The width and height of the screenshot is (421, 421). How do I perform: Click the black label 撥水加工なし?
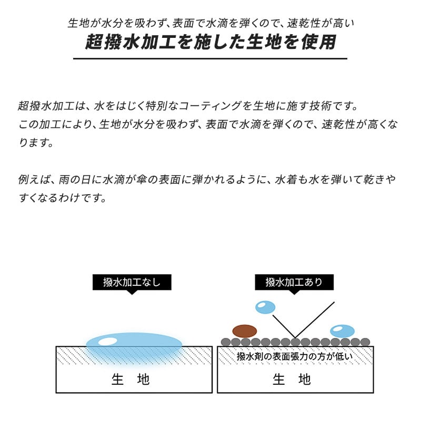132,282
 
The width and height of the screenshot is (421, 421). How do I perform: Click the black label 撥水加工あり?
294,282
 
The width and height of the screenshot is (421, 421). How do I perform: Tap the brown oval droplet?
245,331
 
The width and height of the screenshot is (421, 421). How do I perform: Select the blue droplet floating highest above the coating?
265,307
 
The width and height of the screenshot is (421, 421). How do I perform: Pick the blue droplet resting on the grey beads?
343,331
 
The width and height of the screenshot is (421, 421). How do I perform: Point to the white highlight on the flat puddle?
108,342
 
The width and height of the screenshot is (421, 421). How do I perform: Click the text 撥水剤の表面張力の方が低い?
295,356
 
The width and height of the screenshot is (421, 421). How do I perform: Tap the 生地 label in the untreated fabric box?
131,379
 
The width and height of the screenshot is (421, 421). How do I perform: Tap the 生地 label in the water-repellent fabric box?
292,379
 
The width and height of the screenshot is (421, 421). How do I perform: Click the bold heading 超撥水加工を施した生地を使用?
210,42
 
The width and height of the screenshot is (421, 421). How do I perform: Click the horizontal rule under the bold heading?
210,58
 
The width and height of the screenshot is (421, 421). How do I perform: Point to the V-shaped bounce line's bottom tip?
295,338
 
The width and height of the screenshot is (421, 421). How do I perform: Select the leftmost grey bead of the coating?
226,342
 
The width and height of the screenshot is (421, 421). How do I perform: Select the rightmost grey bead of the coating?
365,342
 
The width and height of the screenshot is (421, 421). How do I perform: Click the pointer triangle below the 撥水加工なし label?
132,292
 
